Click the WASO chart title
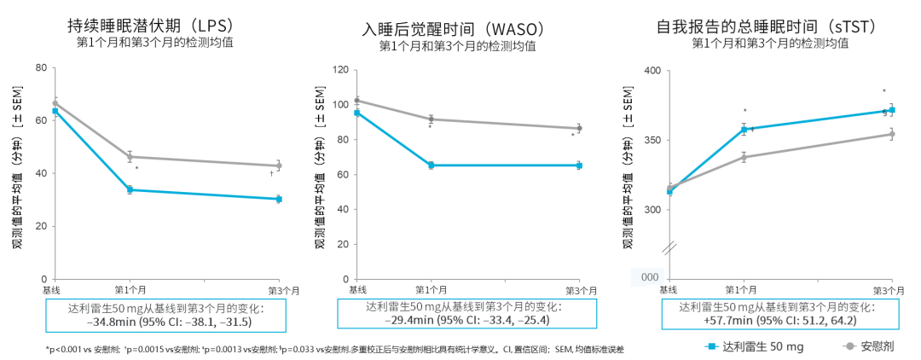coord(453,29)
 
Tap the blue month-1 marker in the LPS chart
coord(130,189)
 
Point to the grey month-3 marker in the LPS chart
coord(279,165)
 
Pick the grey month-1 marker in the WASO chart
coord(431,119)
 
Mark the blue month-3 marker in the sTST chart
coord(892,110)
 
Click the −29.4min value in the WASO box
coord(400,321)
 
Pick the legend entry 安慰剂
coord(877,346)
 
